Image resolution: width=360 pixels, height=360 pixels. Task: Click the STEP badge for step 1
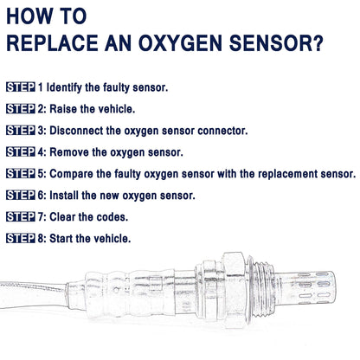(21, 87)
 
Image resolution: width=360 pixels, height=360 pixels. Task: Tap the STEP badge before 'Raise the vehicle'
(21, 109)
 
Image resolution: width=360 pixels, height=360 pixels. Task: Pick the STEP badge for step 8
(21, 237)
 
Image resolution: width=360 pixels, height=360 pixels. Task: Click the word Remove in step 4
(75, 152)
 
